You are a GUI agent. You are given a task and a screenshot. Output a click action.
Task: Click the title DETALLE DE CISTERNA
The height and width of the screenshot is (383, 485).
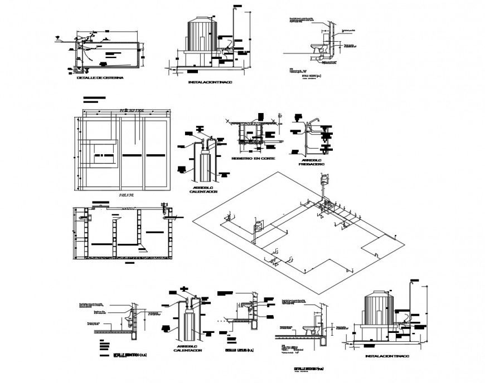click(100, 78)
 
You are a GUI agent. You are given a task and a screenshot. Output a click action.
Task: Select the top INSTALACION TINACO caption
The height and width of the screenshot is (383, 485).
click(211, 82)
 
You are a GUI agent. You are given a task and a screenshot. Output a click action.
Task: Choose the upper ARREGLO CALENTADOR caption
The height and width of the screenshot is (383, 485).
click(199, 189)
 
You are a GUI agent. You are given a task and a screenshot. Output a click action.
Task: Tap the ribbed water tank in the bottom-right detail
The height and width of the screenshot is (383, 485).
click(379, 313)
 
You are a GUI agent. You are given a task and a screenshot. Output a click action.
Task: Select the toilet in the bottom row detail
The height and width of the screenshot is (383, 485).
click(308, 328)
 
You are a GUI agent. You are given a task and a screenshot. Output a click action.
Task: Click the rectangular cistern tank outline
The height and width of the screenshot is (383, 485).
click(109, 55)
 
